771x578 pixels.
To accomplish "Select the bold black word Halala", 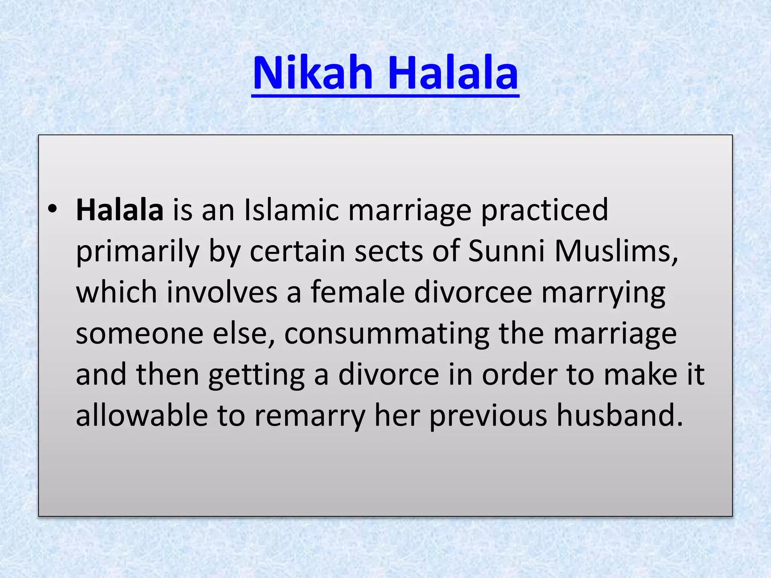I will (120, 210).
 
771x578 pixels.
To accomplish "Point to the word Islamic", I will (291, 210).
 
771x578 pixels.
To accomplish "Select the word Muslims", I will (616, 251).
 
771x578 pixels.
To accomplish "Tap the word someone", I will (140, 334).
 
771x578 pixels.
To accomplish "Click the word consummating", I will (387, 335).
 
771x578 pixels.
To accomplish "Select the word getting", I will (256, 376).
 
